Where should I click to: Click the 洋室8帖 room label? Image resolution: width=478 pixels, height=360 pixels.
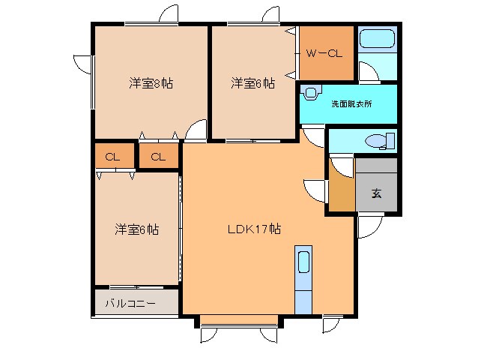coord(151,83)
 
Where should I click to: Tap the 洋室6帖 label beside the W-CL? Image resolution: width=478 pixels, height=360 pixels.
coord(252,83)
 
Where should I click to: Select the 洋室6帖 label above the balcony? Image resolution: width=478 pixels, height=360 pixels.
coord(136,229)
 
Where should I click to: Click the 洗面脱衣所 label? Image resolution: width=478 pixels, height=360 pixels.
coord(351,104)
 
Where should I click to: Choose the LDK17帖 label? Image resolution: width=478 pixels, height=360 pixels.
coord(254,229)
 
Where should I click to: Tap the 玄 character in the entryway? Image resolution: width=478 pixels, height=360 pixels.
coord(376,193)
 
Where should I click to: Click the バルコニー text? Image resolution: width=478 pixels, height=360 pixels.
coord(130,304)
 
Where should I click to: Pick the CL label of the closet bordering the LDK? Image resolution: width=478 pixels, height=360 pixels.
coord(158,157)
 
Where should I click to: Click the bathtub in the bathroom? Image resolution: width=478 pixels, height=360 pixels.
coord(376,39)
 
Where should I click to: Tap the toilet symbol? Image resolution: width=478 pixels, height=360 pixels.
coord(381,141)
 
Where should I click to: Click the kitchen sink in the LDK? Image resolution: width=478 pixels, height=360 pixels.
coord(303,262)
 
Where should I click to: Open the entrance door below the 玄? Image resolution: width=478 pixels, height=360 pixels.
coord(370,225)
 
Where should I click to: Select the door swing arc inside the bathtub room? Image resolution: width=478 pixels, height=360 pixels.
coord(367,72)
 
